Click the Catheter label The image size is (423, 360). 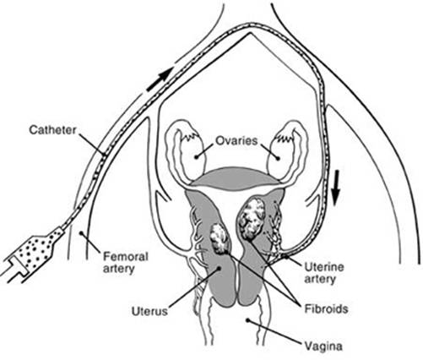(x=53, y=130)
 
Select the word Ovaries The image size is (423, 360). (x=236, y=140)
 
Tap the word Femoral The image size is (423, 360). (x=126, y=257)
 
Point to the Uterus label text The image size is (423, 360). (x=149, y=312)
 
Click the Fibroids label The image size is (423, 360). (x=327, y=309)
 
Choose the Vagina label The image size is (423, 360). (x=323, y=346)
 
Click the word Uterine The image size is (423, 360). (x=324, y=267)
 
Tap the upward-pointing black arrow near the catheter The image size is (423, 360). (x=160, y=79)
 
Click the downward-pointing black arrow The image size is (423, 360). (x=335, y=189)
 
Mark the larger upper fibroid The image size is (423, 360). (x=252, y=218)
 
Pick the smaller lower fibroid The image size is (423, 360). (x=220, y=239)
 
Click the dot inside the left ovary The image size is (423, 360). (x=196, y=156)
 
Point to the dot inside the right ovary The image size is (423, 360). (x=278, y=158)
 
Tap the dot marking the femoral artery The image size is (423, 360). (x=81, y=233)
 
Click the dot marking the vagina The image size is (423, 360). (x=247, y=320)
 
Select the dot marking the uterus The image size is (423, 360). (x=218, y=269)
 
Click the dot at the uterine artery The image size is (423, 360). (x=286, y=256)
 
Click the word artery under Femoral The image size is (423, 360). (x=118, y=270)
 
